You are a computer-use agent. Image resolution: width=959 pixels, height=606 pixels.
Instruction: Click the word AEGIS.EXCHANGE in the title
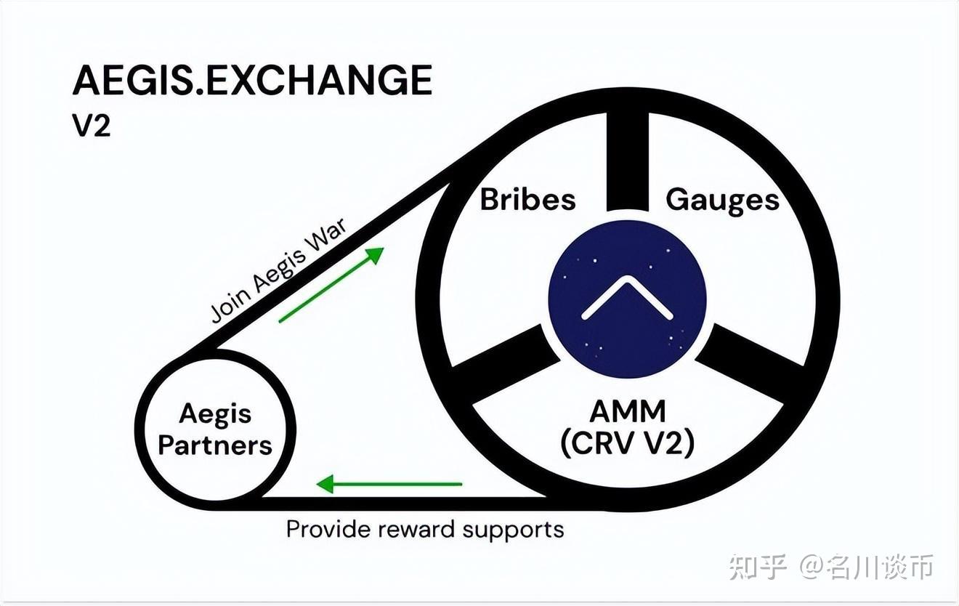252,81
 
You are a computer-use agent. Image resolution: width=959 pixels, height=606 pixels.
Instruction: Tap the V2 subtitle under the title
91,126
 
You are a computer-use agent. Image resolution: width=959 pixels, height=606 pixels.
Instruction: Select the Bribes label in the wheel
528,199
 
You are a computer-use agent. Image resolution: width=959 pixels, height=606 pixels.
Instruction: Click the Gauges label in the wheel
722,199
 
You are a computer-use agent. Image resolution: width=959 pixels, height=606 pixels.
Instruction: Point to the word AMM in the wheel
628,412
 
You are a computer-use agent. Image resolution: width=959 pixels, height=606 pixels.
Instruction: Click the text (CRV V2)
628,443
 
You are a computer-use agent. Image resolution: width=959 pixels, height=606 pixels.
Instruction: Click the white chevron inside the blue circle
628,298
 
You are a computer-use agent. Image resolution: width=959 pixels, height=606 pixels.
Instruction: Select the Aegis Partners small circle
215,429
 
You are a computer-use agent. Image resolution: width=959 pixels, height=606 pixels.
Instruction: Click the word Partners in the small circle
215,445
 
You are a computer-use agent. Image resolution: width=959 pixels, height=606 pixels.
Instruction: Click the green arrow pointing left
389,483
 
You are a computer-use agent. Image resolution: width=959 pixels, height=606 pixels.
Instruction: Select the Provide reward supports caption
425,528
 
